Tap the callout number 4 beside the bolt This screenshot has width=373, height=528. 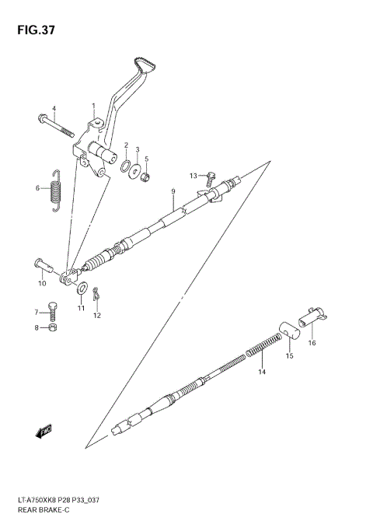[54, 108]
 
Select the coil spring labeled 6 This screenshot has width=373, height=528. [54, 189]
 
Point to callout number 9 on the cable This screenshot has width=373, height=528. [173, 191]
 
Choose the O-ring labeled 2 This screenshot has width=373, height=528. [125, 165]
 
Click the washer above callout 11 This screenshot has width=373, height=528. [82, 289]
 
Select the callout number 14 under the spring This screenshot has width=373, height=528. [262, 372]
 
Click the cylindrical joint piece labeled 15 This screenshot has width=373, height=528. [290, 336]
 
